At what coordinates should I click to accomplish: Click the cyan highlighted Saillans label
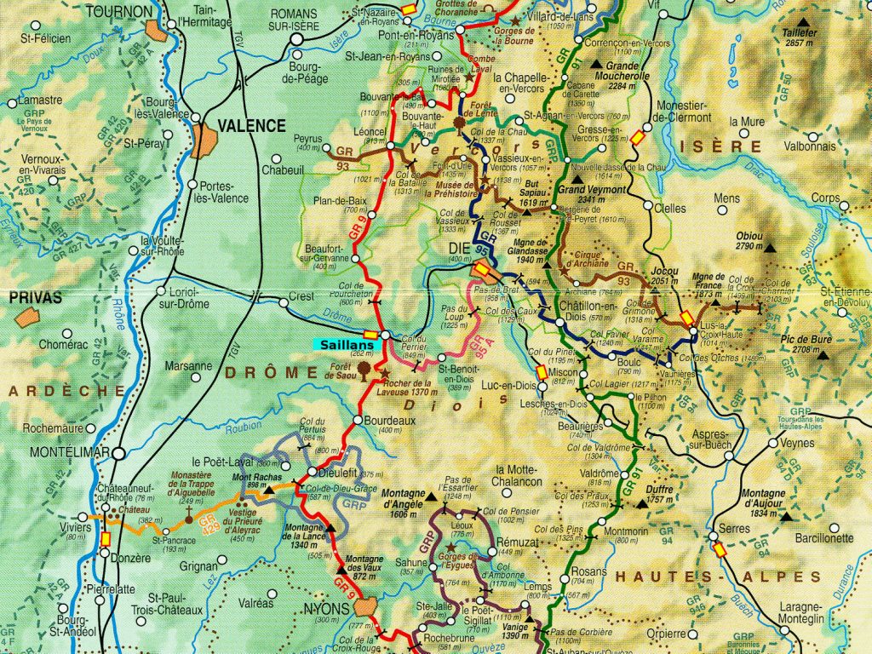tap(347, 344)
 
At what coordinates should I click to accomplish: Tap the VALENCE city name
tap(251, 125)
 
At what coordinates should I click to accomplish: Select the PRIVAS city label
tap(37, 298)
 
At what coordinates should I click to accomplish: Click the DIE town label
tap(457, 248)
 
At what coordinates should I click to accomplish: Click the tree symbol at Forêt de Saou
tap(365, 369)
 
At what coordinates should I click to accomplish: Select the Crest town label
tap(301, 296)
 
